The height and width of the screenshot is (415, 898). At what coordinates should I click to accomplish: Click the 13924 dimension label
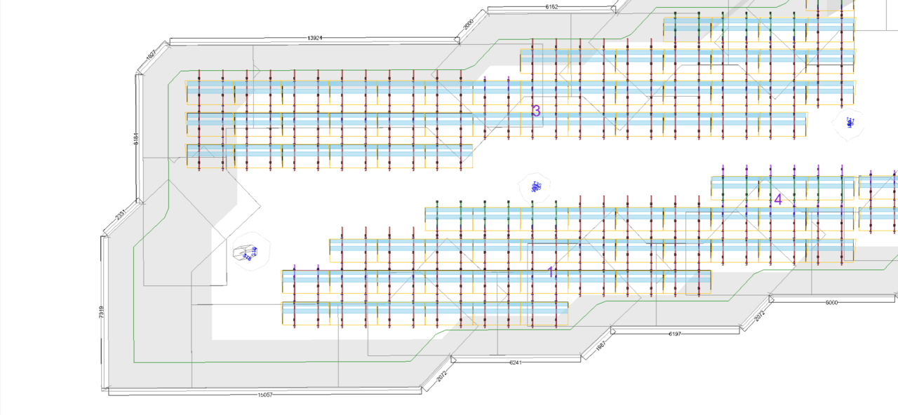click(315, 38)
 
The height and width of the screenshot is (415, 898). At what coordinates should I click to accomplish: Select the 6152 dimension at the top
click(551, 6)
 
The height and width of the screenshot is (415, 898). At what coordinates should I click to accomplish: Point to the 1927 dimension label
click(151, 55)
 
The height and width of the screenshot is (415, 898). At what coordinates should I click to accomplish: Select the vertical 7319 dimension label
click(102, 313)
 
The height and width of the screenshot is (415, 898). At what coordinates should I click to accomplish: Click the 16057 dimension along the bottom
click(264, 395)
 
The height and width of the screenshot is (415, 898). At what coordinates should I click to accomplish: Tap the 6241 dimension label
click(516, 362)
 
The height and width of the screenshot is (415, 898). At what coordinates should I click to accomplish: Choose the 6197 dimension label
click(675, 334)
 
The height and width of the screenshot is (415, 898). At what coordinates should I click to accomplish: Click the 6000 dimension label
click(831, 303)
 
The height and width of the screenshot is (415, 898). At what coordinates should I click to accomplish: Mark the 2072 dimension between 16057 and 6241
click(441, 374)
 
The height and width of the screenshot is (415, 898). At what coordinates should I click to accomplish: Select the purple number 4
click(778, 200)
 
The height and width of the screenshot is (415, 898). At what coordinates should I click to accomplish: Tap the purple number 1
click(551, 271)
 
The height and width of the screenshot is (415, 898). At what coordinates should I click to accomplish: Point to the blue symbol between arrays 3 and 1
click(536, 186)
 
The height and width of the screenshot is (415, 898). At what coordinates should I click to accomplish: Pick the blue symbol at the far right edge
click(850, 123)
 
